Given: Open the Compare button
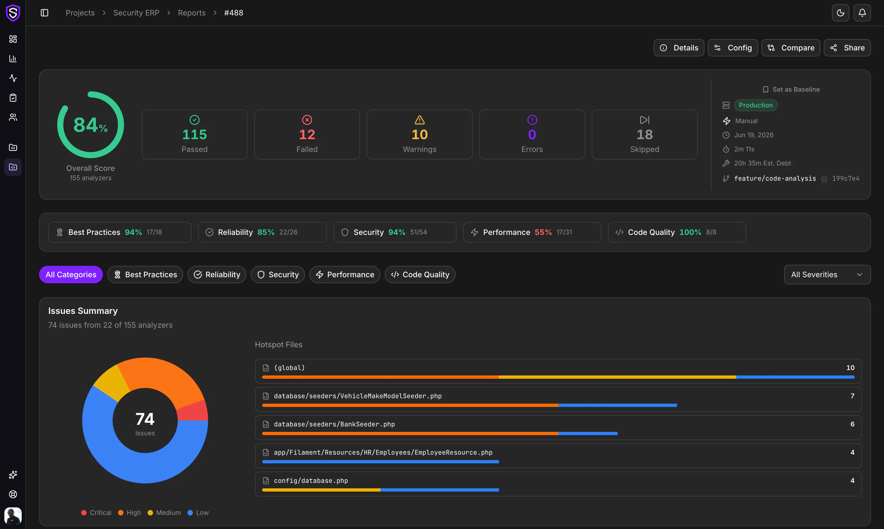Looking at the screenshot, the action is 791,48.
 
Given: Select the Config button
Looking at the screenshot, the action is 733,48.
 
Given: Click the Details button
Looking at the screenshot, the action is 679,48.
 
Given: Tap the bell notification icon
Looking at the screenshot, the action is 862,13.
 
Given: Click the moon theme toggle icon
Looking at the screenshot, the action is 840,13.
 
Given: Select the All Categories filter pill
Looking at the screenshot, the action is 71,275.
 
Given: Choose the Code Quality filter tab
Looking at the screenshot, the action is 420,275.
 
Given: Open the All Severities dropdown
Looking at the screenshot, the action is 827,275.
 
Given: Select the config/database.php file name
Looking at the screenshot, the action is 311,480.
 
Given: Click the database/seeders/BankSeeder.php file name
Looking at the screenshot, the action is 334,424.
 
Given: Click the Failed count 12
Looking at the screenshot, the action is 307,134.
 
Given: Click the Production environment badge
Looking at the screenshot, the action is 756,105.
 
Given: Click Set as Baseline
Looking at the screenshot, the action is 791,90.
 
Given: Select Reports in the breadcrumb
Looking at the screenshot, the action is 192,13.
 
